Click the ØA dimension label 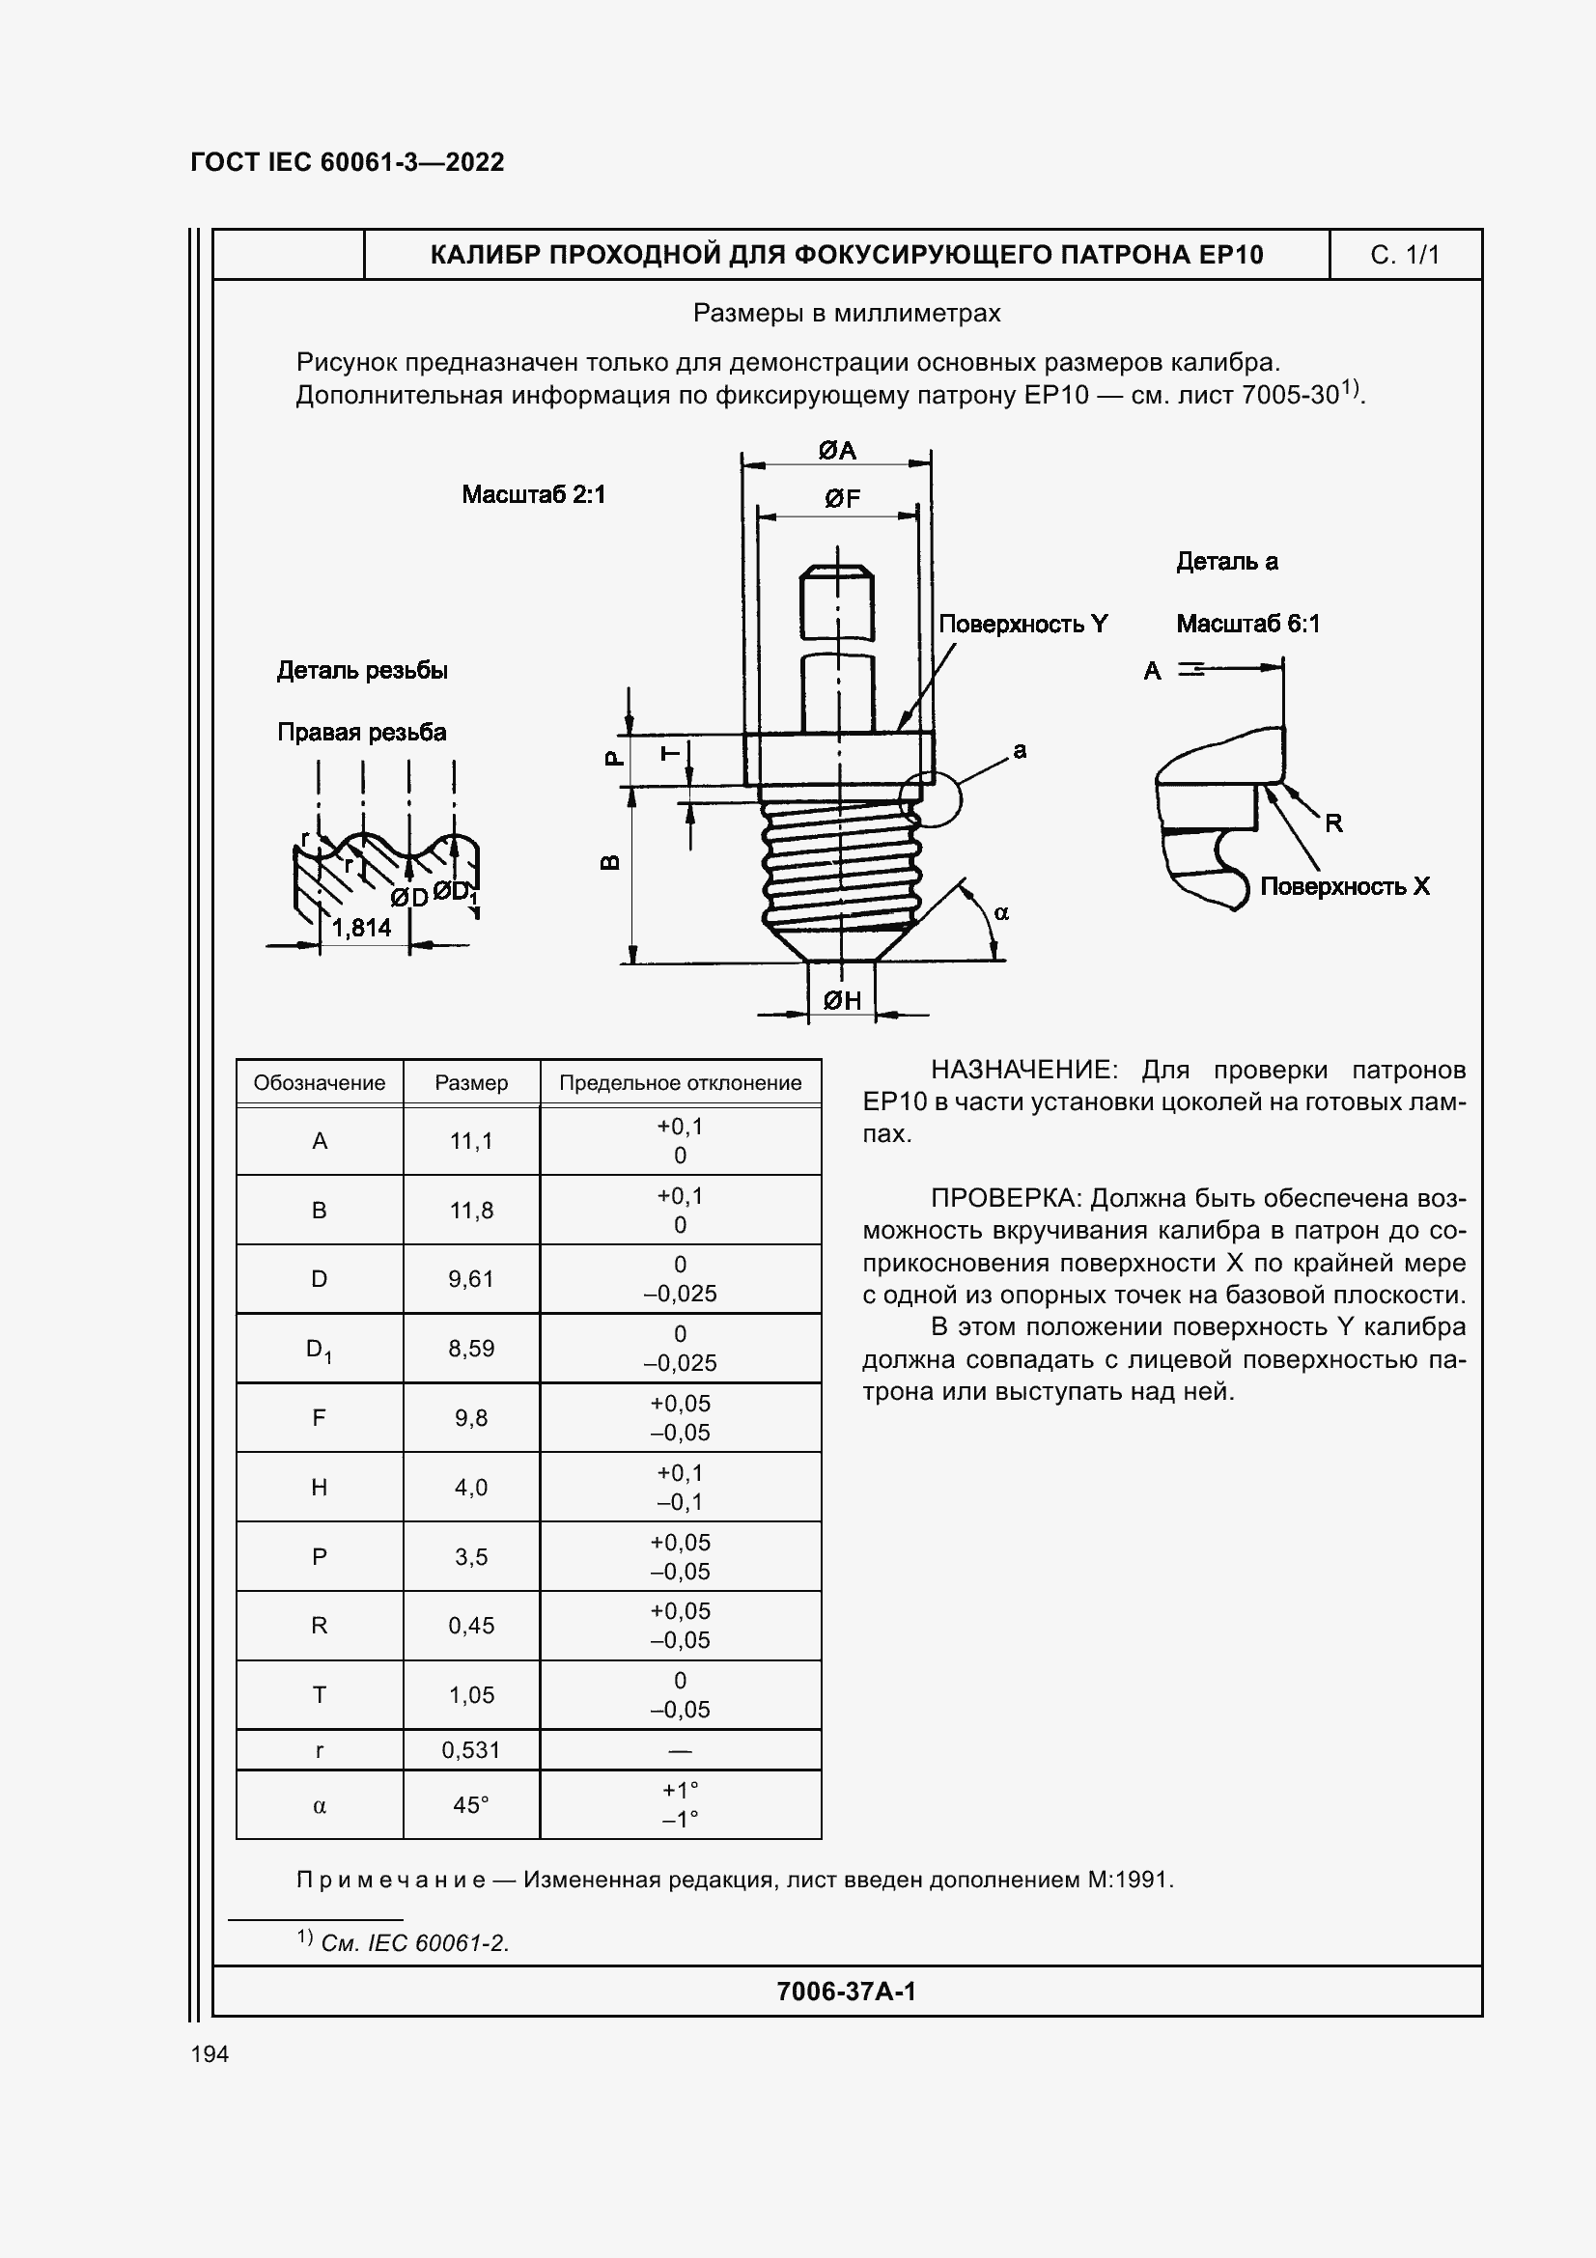(837, 451)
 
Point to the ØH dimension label (842, 1000)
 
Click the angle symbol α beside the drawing (1001, 913)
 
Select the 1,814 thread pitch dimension (361, 928)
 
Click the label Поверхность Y (1022, 624)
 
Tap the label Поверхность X (1344, 886)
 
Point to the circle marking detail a (930, 797)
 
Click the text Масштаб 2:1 (533, 494)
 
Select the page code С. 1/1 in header (1404, 256)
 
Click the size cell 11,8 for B (471, 1211)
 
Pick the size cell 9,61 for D (471, 1279)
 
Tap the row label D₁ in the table (319, 1350)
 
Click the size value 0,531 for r (471, 1749)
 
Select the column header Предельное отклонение (680, 1083)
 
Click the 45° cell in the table (471, 1804)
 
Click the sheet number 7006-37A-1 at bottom (846, 1992)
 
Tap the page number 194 (210, 2054)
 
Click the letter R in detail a (1333, 822)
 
